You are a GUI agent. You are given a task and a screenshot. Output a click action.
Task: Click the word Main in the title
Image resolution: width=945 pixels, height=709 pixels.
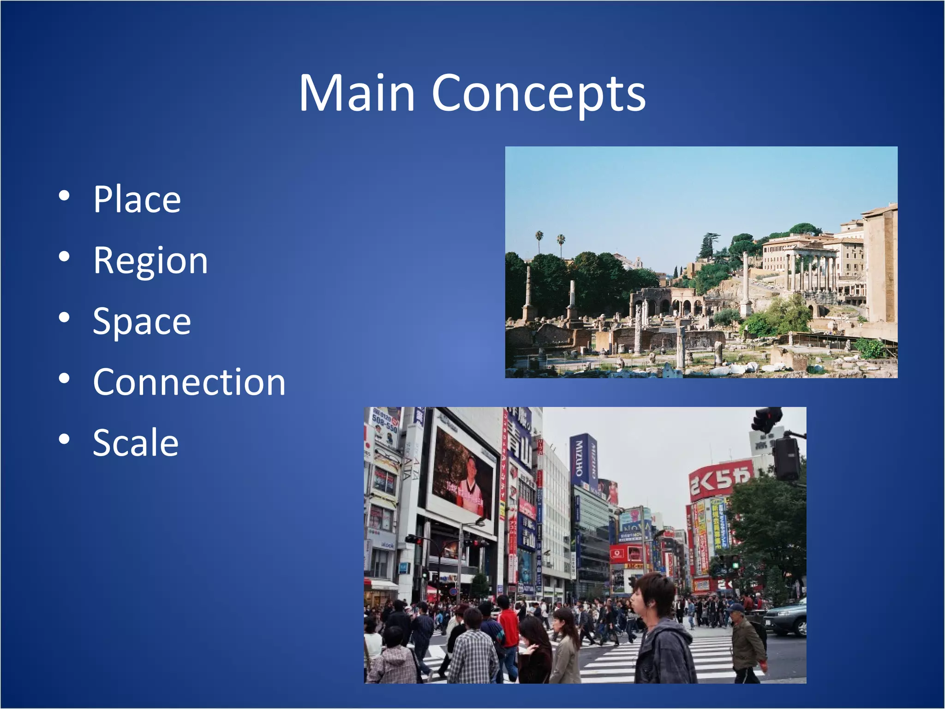(x=357, y=94)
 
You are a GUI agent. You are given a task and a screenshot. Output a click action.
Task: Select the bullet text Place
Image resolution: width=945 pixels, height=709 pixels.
(x=137, y=199)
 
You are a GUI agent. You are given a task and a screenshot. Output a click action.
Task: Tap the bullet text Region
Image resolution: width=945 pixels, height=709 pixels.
(x=150, y=261)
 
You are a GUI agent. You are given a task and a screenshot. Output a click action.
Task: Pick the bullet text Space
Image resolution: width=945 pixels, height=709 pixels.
(x=142, y=321)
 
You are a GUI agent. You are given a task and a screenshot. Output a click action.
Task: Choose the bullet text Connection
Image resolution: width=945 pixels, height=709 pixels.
(x=189, y=382)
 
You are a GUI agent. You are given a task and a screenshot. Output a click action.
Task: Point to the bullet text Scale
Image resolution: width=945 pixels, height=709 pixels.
(x=136, y=443)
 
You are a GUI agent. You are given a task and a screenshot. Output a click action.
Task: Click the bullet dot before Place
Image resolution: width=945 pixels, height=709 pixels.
(x=64, y=196)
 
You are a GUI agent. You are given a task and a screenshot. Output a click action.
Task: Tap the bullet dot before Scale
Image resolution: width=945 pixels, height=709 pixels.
(x=64, y=439)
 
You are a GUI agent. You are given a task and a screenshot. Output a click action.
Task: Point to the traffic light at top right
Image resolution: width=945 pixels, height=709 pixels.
(x=767, y=419)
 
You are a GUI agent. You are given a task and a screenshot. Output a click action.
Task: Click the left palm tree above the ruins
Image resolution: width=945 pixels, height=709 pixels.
(x=539, y=238)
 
